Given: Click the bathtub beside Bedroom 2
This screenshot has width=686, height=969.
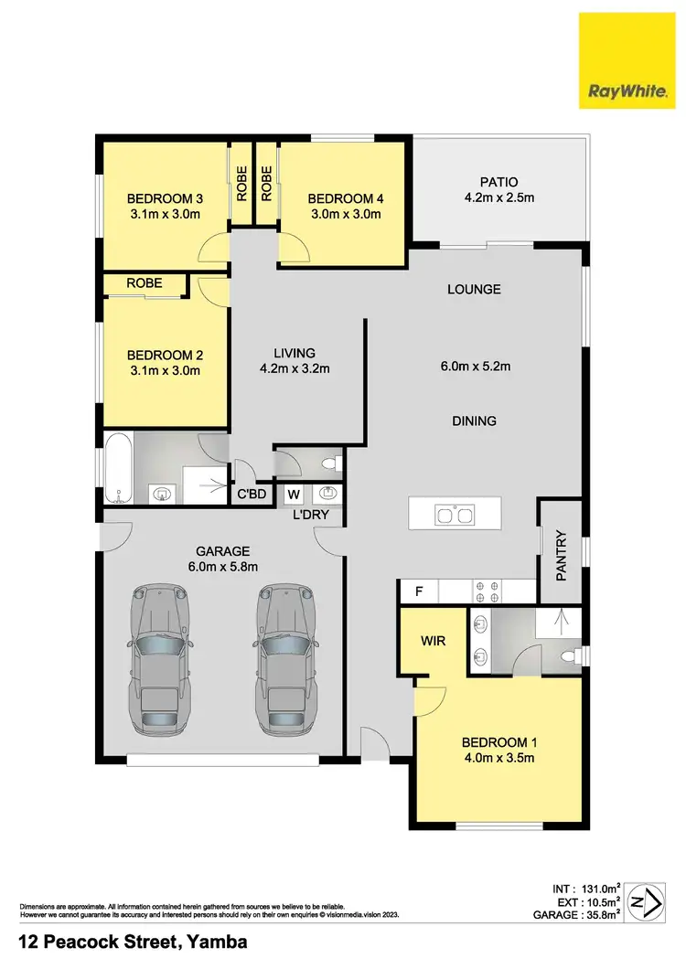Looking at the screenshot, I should click(117, 468).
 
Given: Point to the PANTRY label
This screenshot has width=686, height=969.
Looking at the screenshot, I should click(562, 556).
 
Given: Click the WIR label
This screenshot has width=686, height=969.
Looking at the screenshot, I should click(433, 641).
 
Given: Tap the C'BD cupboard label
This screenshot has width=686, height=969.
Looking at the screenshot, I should click(251, 495).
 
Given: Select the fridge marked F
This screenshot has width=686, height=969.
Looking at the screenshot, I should click(419, 591).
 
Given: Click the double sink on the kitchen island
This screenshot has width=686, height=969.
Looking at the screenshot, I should click(455, 516).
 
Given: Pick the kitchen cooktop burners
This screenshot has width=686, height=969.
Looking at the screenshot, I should click(484, 591).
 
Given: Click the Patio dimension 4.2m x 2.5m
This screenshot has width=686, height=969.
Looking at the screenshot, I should click(499, 197).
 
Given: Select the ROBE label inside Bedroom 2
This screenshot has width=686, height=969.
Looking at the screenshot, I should click(145, 283).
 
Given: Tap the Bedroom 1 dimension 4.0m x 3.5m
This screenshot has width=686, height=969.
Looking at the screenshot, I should click(498, 757).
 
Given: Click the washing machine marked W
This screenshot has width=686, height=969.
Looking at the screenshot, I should click(294, 495).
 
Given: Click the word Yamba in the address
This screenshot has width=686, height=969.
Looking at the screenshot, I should click(218, 942).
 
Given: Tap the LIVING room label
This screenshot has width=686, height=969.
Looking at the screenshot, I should click(294, 353).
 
